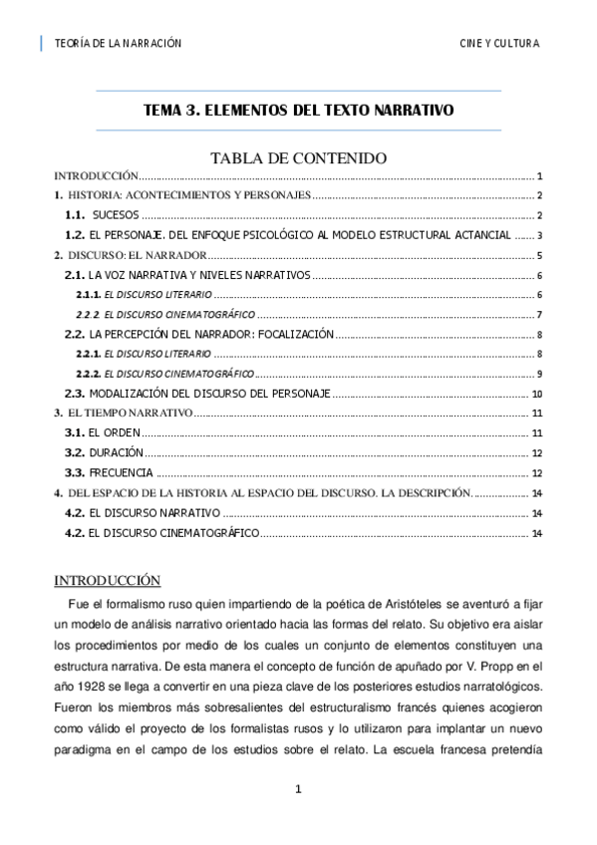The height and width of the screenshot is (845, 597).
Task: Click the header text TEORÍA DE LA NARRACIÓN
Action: [x=119, y=44]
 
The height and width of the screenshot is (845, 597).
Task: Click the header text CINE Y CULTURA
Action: [x=499, y=44]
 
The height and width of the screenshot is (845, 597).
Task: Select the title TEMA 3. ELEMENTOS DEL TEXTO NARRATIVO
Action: [x=298, y=111]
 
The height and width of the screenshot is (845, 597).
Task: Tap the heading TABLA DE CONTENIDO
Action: [x=298, y=157]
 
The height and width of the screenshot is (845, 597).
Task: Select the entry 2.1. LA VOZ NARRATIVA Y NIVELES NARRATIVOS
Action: [x=188, y=275]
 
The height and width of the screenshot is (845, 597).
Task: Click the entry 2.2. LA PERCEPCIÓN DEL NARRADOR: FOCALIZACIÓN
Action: [x=198, y=335]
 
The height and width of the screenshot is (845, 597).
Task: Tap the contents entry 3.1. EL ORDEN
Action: [x=102, y=432]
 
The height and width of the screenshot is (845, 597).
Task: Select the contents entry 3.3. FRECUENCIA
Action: [x=109, y=472]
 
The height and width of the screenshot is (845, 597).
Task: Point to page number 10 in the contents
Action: [x=535, y=394]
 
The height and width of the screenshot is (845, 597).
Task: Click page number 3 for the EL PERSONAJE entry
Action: [x=538, y=236]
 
